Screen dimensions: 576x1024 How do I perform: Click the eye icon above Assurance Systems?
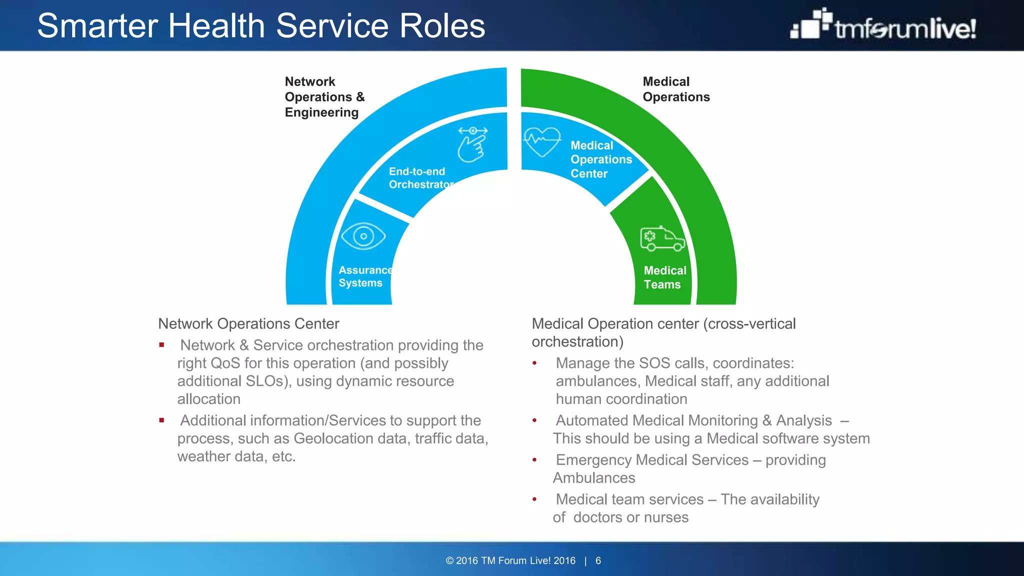[363, 236]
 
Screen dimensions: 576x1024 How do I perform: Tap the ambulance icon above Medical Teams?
[662, 238]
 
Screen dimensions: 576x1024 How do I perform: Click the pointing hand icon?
[472, 144]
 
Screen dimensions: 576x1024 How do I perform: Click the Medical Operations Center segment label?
[600, 159]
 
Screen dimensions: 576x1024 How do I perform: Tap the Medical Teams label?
[664, 277]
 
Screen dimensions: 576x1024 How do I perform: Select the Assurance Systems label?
[364, 276]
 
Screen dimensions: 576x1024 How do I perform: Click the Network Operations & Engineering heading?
[324, 97]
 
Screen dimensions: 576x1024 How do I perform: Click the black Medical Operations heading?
[675, 89]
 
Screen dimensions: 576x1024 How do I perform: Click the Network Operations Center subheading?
[248, 324]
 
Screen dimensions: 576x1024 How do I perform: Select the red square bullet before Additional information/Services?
[161, 420]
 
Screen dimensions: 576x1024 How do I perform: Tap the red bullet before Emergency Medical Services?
[534, 460]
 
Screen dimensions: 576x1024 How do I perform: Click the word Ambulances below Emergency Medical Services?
[593, 478]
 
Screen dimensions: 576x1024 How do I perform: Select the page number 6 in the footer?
[598, 560]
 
